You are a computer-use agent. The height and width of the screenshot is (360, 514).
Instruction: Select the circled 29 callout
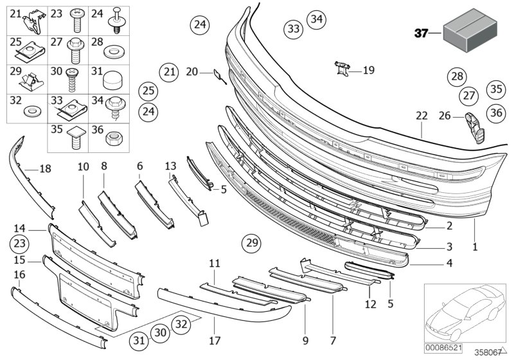252,244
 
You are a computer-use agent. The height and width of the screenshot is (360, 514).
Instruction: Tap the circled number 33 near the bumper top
293,29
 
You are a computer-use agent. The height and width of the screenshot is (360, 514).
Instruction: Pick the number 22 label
421,116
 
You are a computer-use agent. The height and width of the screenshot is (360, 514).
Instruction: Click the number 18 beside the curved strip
44,169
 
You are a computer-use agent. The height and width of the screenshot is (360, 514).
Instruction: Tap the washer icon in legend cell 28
113,50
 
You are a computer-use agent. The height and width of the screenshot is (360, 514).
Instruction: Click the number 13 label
170,166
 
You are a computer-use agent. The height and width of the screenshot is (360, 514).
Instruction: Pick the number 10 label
84,167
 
